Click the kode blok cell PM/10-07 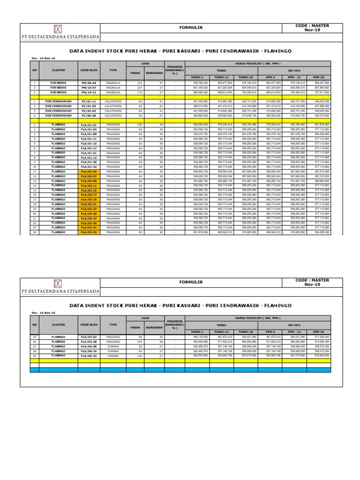(89, 87)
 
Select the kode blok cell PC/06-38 (89, 115)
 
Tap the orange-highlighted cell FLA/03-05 (89, 172)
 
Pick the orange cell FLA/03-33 (89, 232)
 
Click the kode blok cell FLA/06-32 (89, 356)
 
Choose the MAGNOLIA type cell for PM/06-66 (113, 82)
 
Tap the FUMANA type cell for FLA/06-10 (113, 351)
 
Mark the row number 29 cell (35, 356)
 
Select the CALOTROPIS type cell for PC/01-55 (113, 106)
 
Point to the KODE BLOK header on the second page (89, 324)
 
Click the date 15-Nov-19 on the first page (47, 58)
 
